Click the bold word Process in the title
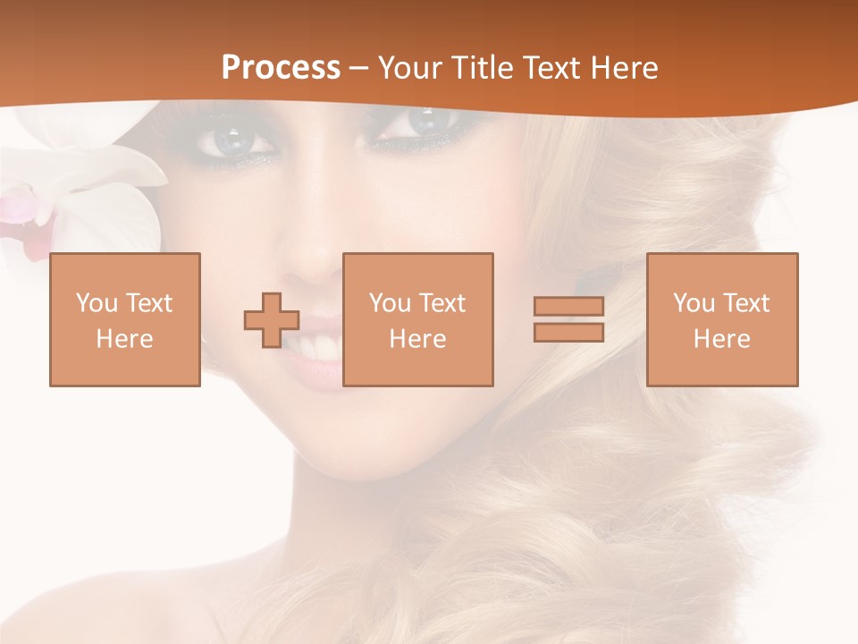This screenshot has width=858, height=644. click(281, 68)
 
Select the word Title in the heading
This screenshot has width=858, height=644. click(479, 68)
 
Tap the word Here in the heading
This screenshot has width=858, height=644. click(626, 68)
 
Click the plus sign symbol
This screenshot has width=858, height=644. click(272, 319)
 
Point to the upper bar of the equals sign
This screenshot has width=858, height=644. click(568, 306)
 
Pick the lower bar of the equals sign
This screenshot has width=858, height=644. click(568, 333)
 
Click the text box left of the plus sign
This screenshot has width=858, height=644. click(125, 319)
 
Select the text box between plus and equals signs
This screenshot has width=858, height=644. click(418, 319)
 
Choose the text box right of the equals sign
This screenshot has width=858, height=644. click(722, 319)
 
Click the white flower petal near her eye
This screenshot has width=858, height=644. click(125, 170)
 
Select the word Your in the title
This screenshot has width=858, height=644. click(408, 68)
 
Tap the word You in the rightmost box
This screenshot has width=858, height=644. click(694, 303)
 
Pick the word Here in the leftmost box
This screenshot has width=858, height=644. click(125, 339)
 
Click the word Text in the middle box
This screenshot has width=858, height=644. click(443, 303)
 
